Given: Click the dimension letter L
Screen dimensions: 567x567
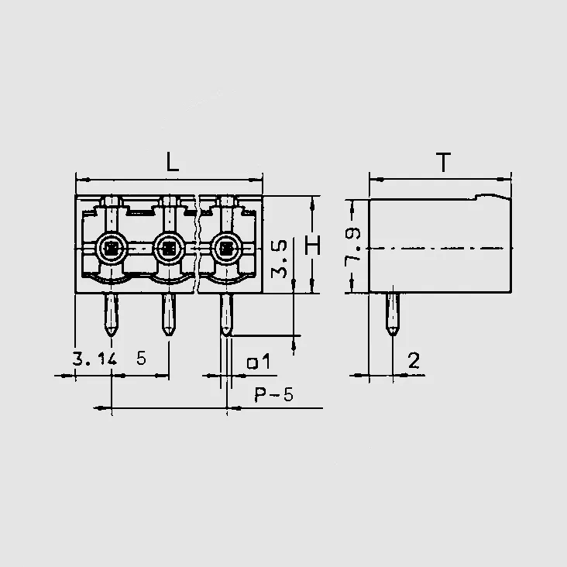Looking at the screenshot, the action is (173, 162).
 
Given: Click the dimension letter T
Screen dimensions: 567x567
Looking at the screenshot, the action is (443, 163).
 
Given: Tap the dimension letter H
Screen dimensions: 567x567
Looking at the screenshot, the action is (312, 246).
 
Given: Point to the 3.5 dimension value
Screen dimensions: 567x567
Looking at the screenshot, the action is (279, 259).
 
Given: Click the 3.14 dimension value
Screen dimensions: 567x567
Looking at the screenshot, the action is (94, 359).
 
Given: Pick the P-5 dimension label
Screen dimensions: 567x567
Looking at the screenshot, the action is (273, 394).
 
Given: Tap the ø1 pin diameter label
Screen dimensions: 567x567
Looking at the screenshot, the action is (258, 362).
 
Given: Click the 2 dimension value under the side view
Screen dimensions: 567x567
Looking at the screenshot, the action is (414, 360).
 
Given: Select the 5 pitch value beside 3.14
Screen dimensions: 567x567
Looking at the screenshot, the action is (142, 359).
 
